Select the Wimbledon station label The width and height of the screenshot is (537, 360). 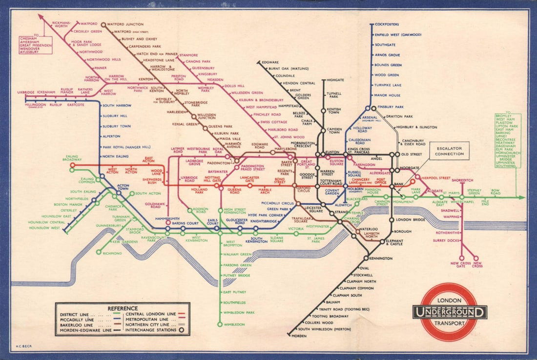pos(234,324)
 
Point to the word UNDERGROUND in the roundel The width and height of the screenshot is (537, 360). pos(449,312)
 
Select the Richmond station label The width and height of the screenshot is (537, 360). pos(112,253)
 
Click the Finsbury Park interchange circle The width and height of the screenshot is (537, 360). pos(373,107)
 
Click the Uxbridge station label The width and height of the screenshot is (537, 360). pos(25,92)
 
